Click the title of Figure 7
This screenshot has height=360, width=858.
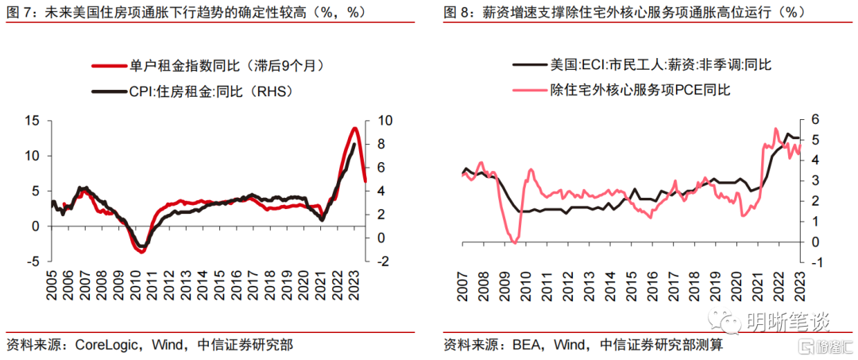tap(214, 12)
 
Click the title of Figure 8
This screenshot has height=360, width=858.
tap(624, 12)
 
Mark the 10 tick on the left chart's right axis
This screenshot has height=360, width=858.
tap(384, 121)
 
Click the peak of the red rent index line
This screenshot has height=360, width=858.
tap(354, 128)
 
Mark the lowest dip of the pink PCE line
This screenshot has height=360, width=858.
tap(514, 242)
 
